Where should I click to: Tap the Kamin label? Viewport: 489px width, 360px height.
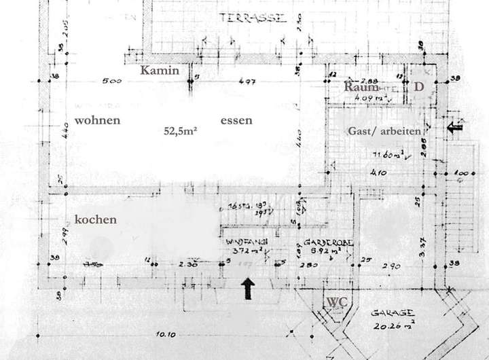click(160, 70)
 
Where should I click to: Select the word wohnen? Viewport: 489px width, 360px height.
click(97, 120)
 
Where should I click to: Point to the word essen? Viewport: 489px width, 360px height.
click(236, 120)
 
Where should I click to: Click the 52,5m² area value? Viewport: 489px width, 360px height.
click(180, 132)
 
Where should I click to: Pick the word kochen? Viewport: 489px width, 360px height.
click(95, 219)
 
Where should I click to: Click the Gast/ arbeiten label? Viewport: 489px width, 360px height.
click(384, 130)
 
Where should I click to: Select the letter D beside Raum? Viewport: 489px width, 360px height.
click(419, 86)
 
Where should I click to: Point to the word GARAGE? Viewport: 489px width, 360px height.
click(393, 314)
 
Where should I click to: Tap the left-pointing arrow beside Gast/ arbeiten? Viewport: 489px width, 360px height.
click(454, 126)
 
